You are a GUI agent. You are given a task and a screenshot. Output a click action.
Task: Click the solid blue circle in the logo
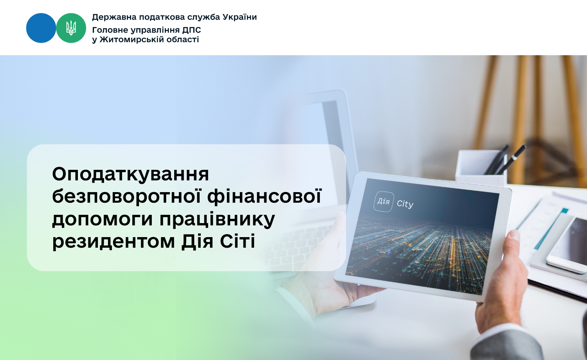point(41,28)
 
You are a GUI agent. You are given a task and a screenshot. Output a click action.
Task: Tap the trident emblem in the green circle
point(71,28)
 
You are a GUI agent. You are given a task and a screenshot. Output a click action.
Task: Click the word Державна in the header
point(114,17)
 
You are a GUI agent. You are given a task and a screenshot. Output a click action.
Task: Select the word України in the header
point(239,17)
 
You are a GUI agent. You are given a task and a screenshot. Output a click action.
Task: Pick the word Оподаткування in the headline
point(130,174)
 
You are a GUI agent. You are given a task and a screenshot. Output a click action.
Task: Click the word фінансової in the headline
point(265,196)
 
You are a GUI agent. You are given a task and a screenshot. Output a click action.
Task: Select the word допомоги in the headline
point(103,220)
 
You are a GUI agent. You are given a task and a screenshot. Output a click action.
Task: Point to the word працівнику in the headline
point(217,220)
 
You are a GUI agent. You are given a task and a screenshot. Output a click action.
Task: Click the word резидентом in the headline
point(113,241)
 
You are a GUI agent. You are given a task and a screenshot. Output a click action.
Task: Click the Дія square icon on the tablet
point(384,202)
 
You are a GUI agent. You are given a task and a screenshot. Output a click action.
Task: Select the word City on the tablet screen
point(405,204)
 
